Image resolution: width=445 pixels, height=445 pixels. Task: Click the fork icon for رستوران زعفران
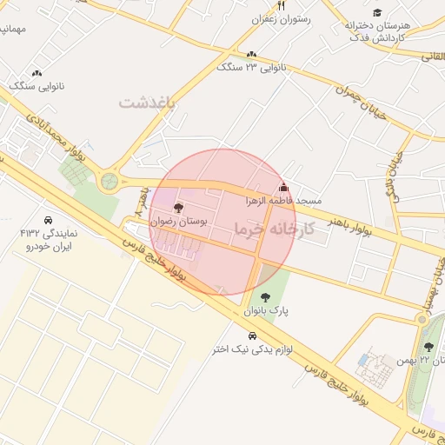(281, 5)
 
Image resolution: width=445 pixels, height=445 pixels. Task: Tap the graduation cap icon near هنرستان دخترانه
(377, 12)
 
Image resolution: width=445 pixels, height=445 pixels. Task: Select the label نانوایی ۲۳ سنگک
(252, 67)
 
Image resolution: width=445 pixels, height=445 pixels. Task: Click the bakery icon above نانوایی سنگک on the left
(37, 73)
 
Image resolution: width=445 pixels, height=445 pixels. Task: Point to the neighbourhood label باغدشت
(147, 103)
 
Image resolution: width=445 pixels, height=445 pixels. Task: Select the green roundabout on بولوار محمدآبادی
(110, 181)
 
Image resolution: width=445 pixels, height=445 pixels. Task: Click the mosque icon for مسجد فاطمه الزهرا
(282, 187)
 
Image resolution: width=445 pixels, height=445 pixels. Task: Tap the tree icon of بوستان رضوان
(179, 208)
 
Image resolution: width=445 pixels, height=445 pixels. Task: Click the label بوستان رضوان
(179, 222)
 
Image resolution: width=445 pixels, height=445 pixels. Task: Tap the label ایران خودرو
(50, 247)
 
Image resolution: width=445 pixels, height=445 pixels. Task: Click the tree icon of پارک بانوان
(265, 296)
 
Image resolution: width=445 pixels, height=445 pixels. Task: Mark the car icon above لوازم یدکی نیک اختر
(252, 335)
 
